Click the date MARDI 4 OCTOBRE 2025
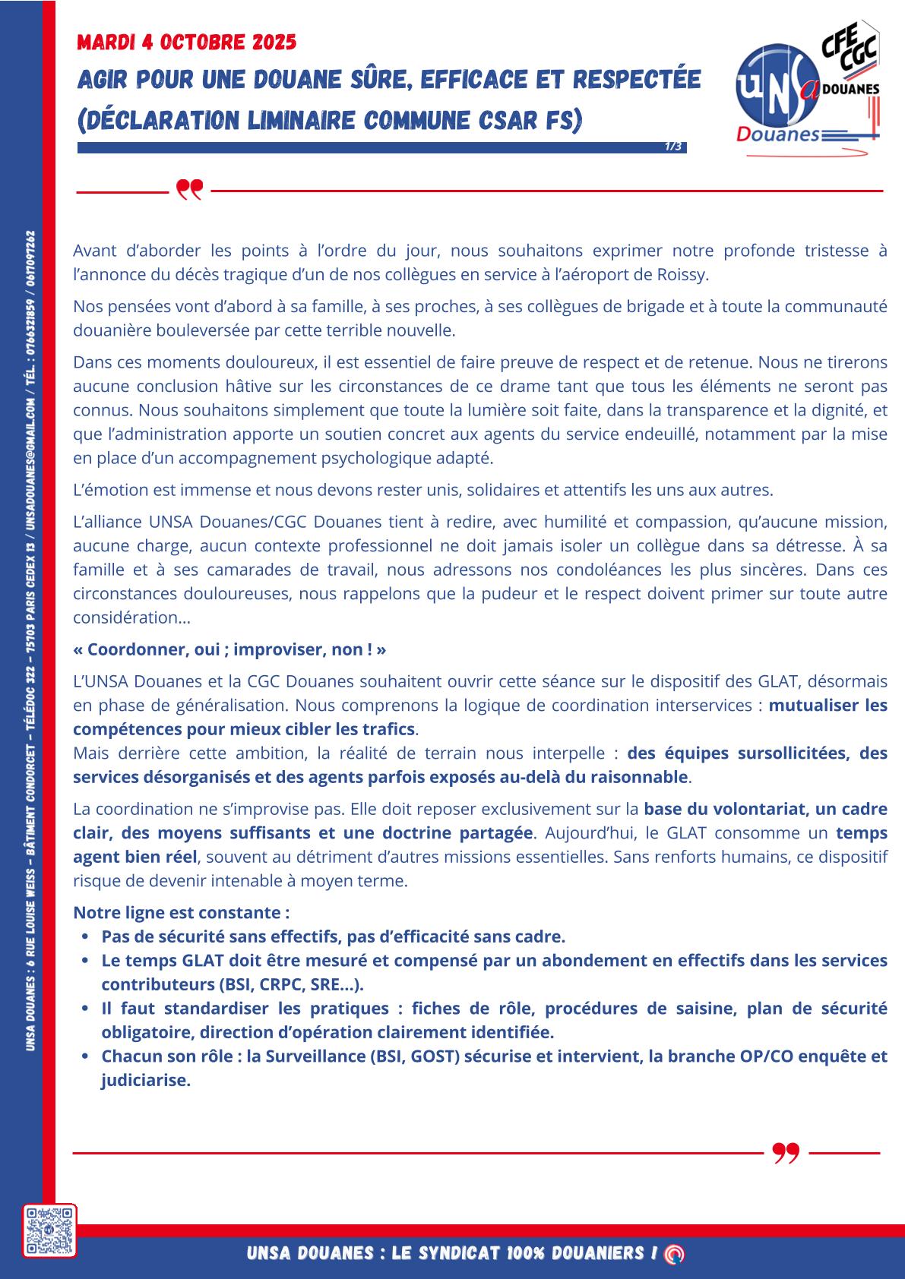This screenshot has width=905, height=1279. click(x=186, y=43)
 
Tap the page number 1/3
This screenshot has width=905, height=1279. click(x=672, y=146)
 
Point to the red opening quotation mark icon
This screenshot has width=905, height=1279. click(x=189, y=189)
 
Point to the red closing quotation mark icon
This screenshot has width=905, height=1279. click(x=786, y=1153)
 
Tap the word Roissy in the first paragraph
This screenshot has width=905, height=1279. click(x=682, y=275)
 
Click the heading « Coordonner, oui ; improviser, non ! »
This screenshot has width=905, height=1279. click(x=229, y=649)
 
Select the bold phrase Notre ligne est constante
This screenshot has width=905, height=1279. click(x=181, y=912)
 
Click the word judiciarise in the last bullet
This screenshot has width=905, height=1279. click(x=144, y=1081)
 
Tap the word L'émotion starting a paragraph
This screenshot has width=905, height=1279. click(x=106, y=490)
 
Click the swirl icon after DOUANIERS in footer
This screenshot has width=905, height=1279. click(x=672, y=1255)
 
